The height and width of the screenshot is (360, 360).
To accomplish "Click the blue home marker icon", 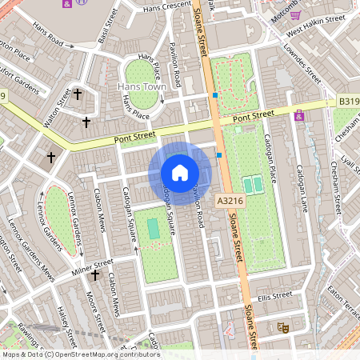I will tap(180, 173).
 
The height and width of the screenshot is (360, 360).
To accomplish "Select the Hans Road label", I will tap(54, 40).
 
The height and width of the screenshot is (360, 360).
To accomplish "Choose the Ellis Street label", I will tap(276, 296).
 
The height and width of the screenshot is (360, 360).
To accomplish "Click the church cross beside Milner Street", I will tap(95, 276).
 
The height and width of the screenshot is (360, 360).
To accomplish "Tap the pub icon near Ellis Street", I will tap(282, 326).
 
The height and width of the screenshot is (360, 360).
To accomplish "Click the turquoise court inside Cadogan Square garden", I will tap(154, 228).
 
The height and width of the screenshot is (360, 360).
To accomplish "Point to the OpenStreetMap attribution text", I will tap(80, 354).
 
